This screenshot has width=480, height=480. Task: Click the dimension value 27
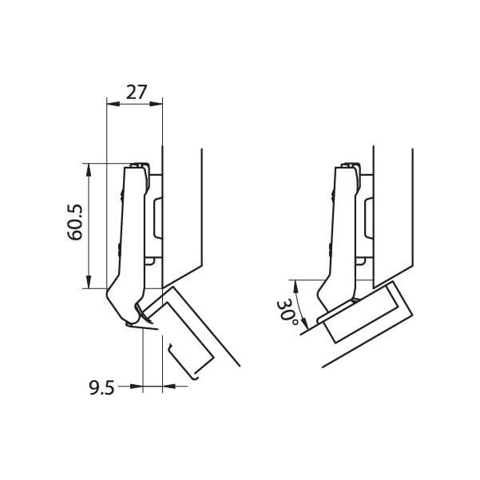click(x=137, y=93)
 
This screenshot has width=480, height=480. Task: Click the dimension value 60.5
click(x=75, y=222)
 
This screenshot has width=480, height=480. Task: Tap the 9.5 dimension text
click(x=102, y=387)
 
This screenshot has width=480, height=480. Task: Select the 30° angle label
click(x=287, y=313)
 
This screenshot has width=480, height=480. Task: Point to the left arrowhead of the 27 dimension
click(x=113, y=104)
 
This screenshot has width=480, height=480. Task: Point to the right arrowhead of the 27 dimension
click(x=156, y=104)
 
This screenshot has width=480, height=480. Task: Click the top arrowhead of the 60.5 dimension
click(x=89, y=170)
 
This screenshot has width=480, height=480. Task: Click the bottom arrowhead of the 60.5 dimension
click(x=89, y=282)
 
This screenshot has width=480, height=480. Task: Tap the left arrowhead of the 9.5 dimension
click(x=137, y=387)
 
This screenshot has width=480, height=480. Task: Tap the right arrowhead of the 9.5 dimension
click(x=169, y=387)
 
